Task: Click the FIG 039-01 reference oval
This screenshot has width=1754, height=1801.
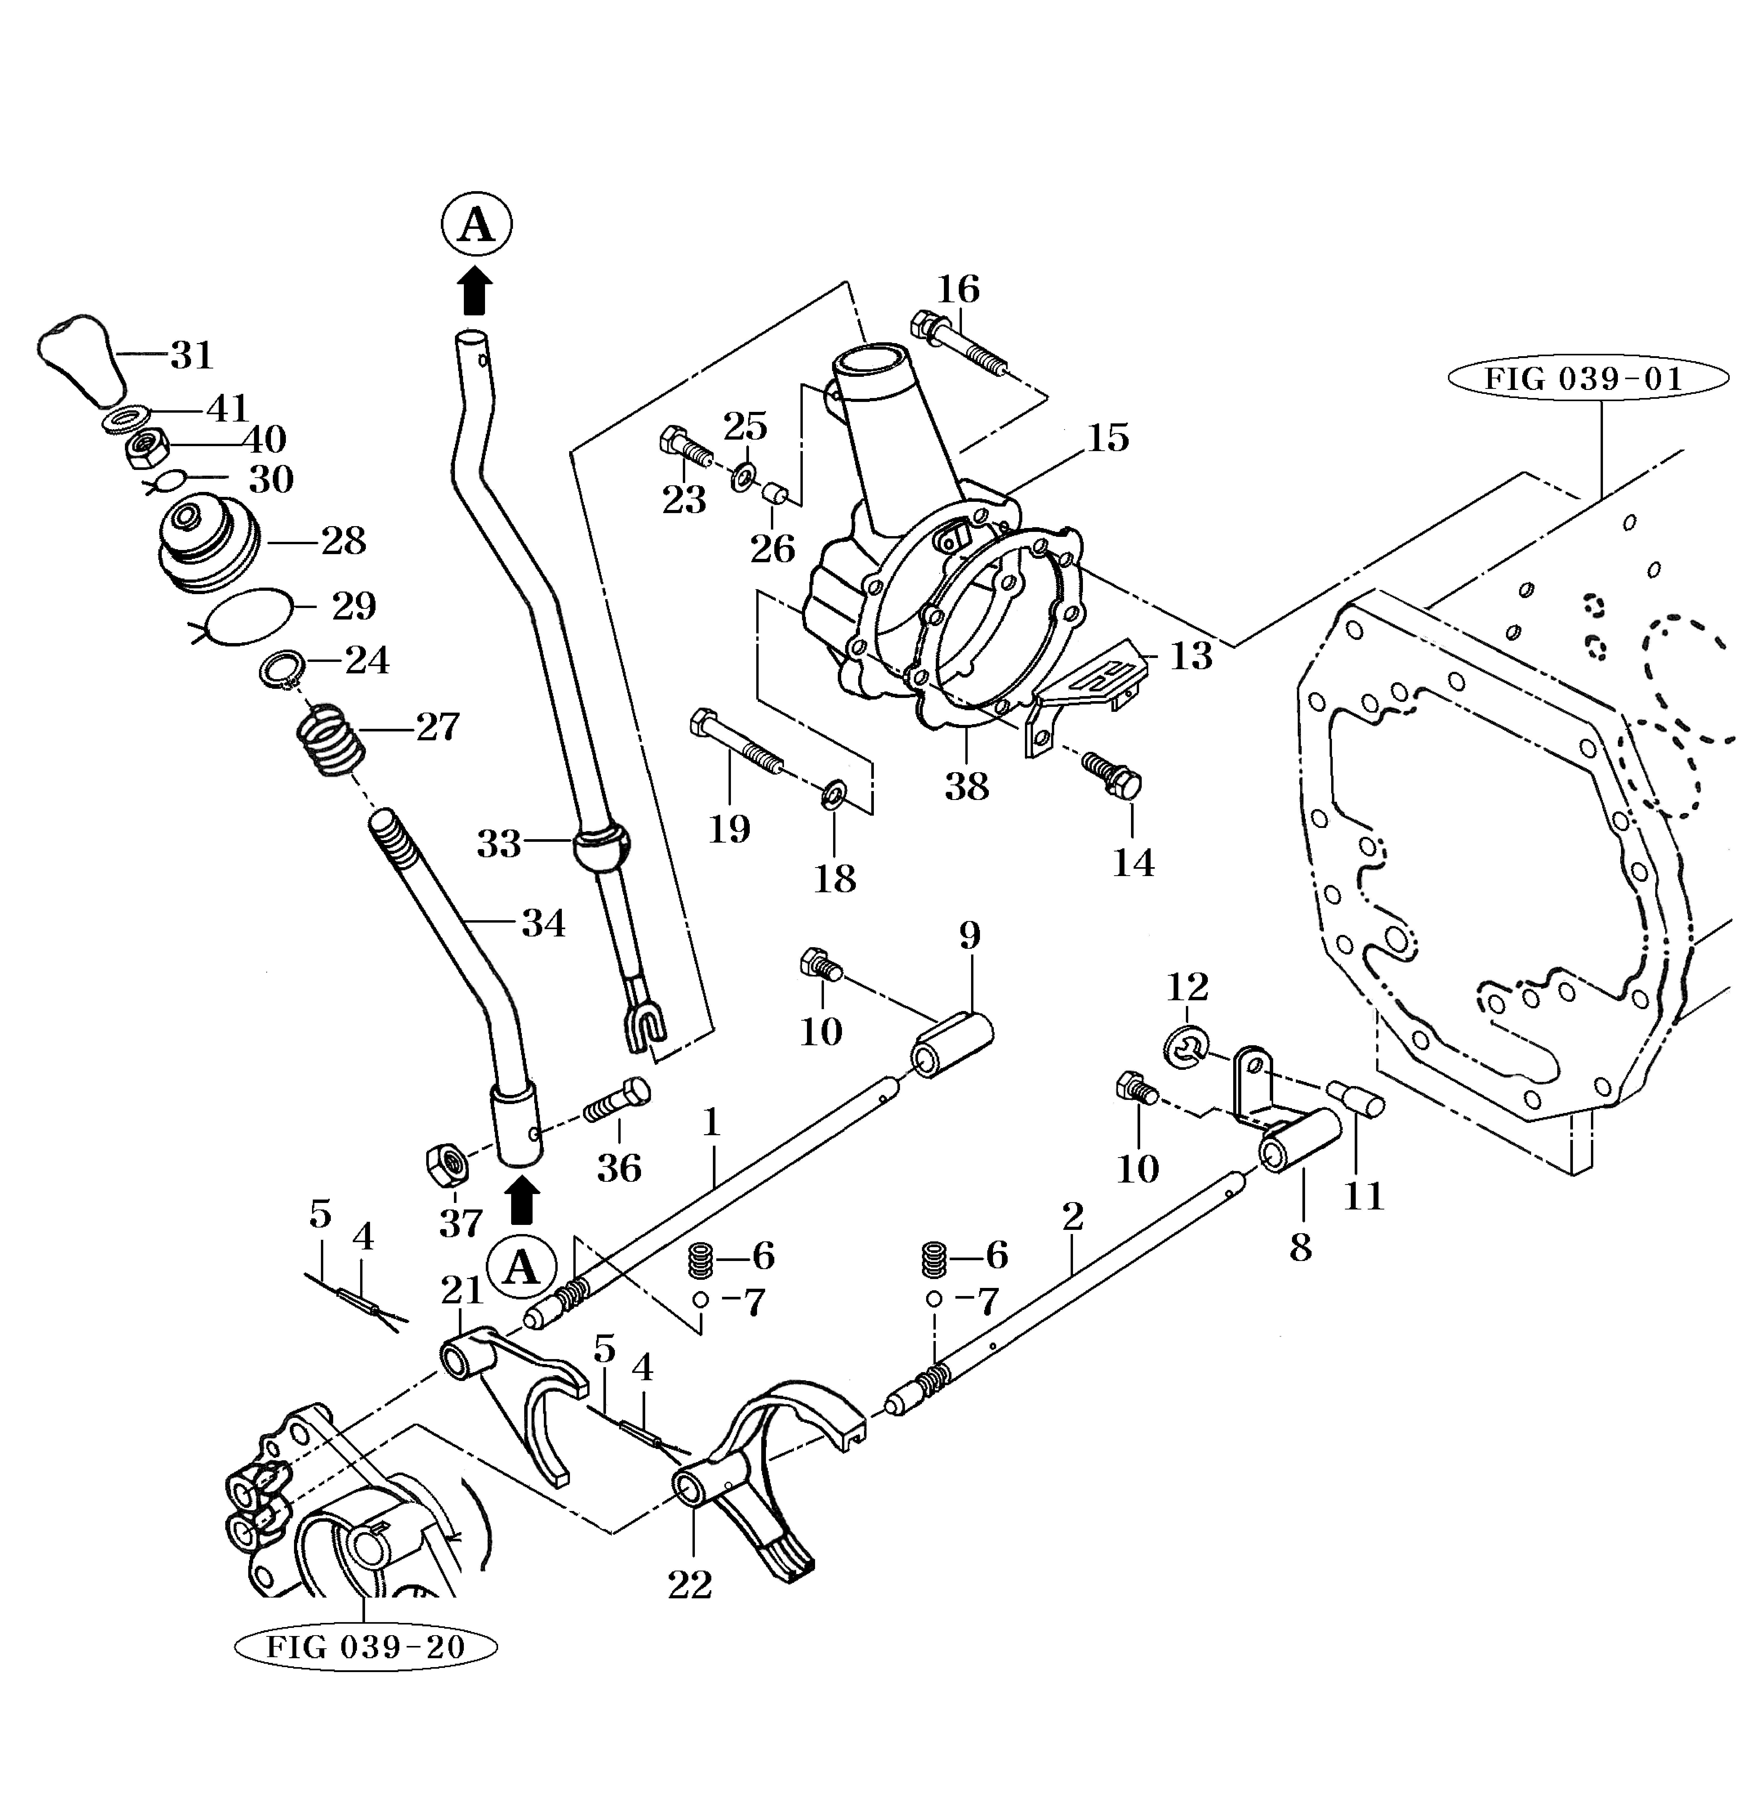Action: pyautogui.click(x=1586, y=379)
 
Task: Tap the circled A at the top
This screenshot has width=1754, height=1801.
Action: pyautogui.click(x=475, y=223)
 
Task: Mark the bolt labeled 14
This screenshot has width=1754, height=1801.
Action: pyautogui.click(x=1112, y=774)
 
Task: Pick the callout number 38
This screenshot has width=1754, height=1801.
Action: pyautogui.click(x=966, y=786)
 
